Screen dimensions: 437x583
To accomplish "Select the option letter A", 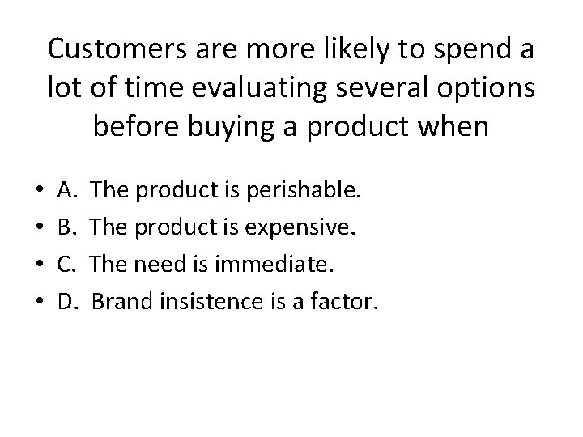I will [x=67, y=192].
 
